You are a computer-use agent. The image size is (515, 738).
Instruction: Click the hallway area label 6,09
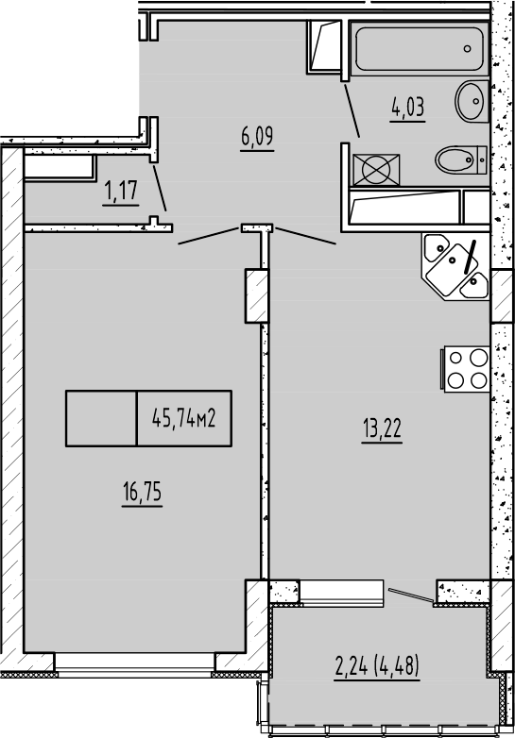click(256, 139)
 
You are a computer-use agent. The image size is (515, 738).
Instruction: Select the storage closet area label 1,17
click(122, 193)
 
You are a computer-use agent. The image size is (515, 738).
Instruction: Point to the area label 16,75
click(141, 493)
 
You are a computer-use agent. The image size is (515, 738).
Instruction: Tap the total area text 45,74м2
click(184, 418)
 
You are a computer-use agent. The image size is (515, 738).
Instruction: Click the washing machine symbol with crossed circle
click(375, 171)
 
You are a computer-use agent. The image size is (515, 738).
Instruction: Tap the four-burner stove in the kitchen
click(466, 369)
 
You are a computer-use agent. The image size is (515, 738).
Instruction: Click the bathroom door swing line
click(350, 111)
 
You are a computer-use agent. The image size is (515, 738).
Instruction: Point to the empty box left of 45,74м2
click(101, 418)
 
